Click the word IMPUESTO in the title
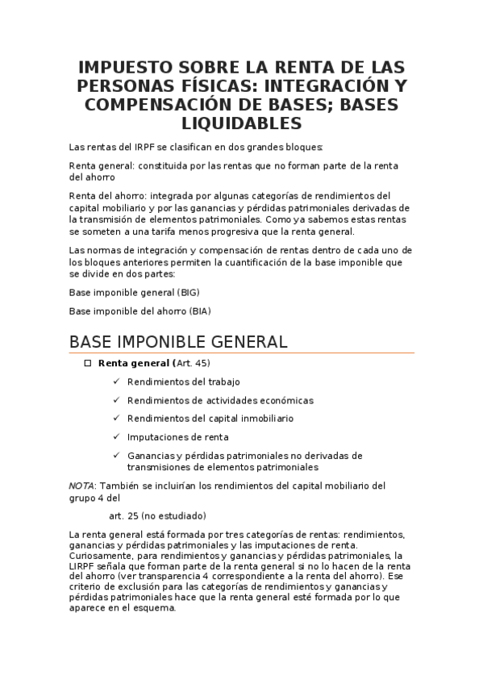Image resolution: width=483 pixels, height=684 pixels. click(123, 67)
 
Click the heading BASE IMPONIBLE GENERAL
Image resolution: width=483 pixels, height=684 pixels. click(178, 341)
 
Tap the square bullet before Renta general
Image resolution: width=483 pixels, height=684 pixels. click(89, 364)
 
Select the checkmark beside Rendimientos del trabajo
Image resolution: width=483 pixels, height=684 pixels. click(117, 382)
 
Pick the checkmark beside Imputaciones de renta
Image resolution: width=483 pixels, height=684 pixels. click(117, 437)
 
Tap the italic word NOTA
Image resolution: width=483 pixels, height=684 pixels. click(81, 486)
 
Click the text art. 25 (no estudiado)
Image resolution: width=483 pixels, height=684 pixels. click(157, 515)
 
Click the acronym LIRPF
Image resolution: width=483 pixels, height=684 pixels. click(83, 566)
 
